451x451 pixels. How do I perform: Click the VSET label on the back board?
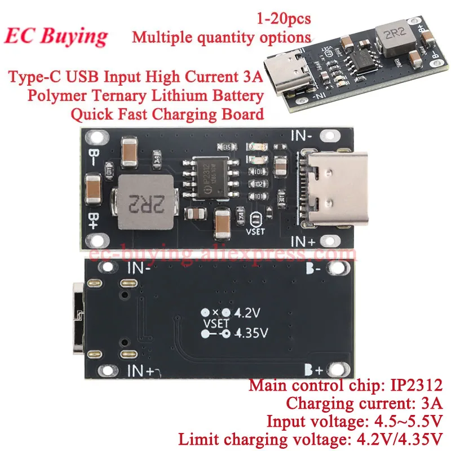click(214, 323)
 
